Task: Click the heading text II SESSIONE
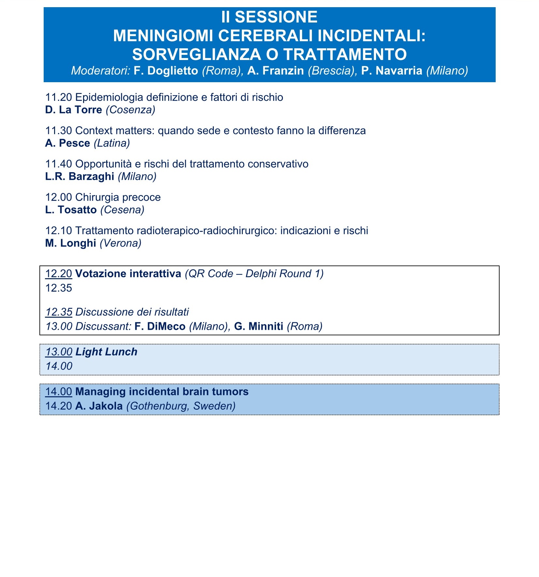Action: [x=269, y=17]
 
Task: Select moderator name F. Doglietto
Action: [x=166, y=71]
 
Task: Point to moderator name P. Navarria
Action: [x=392, y=71]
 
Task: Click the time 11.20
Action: [x=58, y=97]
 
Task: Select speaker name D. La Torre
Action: [x=74, y=110]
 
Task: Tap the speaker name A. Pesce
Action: [x=67, y=143]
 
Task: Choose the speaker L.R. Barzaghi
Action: [x=80, y=176]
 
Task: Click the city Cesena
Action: [x=122, y=209]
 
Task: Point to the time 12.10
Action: [x=58, y=231]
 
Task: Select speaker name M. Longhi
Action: [x=70, y=243]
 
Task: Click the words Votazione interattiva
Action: [x=128, y=273]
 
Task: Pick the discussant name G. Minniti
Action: [x=259, y=326]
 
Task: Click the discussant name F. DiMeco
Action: [x=160, y=326]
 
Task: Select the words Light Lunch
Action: [x=106, y=352]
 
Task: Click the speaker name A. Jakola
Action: [x=99, y=406]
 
